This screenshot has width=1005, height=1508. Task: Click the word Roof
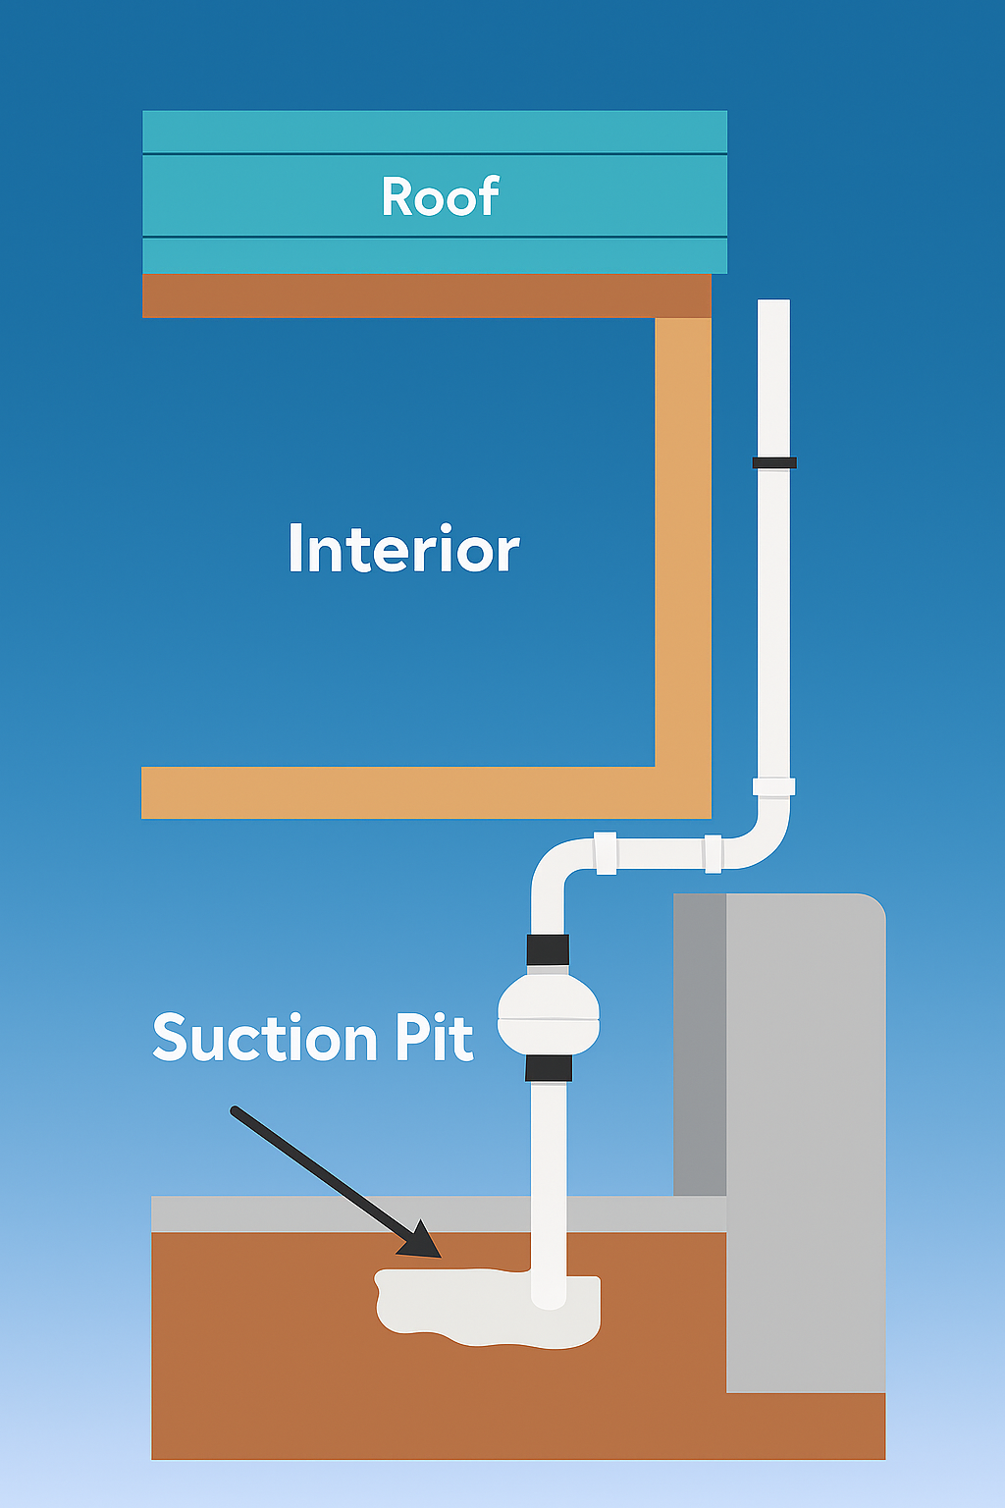tap(440, 196)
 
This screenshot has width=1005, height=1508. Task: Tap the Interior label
tap(403, 549)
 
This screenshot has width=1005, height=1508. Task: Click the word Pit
tap(434, 1038)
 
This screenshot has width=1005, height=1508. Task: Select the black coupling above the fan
tap(548, 949)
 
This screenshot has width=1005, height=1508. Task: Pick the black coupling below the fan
tap(548, 1068)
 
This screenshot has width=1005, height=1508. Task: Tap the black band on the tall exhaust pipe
tap(774, 462)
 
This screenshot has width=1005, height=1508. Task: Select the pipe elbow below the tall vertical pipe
tap(766, 839)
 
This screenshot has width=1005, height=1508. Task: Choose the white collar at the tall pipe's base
tap(773, 786)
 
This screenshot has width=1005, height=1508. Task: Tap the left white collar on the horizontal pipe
tap(605, 852)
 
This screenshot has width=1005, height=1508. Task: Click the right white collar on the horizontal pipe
tap(714, 852)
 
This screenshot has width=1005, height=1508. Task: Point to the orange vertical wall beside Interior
tap(683, 540)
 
